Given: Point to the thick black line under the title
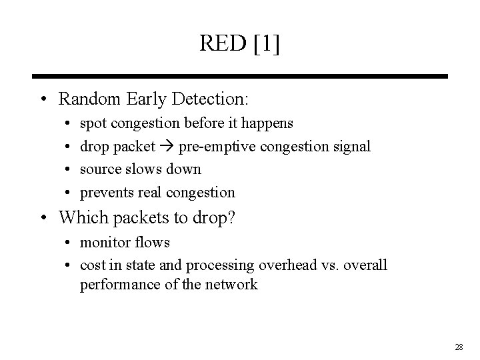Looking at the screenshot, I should [240, 77].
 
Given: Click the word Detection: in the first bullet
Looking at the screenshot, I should [209, 100].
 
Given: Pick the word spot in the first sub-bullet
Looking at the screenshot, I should [93, 124].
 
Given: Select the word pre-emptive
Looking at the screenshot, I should [213, 147].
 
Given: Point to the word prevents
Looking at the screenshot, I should [106, 193].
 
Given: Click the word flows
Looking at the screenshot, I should [153, 242].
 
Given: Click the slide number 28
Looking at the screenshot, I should [458, 347].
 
